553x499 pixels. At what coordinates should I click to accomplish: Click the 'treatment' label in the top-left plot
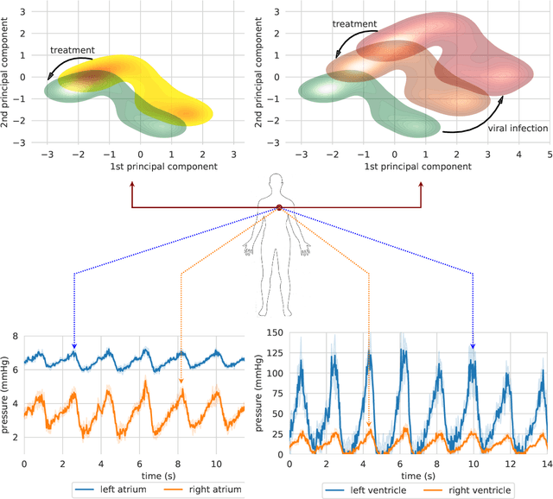coord(73,50)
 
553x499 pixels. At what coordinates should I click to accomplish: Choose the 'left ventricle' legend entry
coord(364,490)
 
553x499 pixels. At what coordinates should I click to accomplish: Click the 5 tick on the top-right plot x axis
coord(547,153)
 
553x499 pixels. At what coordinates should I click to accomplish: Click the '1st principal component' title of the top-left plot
coord(127,166)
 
